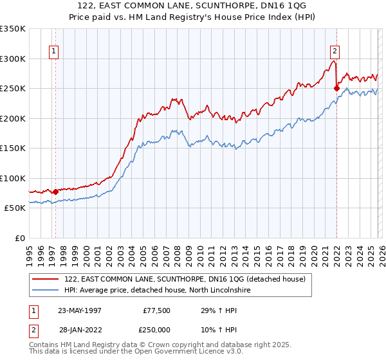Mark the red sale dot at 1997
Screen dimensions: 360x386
pyautogui.click(x=56, y=192)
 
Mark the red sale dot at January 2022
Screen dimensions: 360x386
pyautogui.click(x=336, y=89)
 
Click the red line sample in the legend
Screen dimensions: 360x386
pyautogui.click(x=46, y=279)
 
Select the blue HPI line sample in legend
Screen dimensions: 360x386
pyautogui.click(x=46, y=290)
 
